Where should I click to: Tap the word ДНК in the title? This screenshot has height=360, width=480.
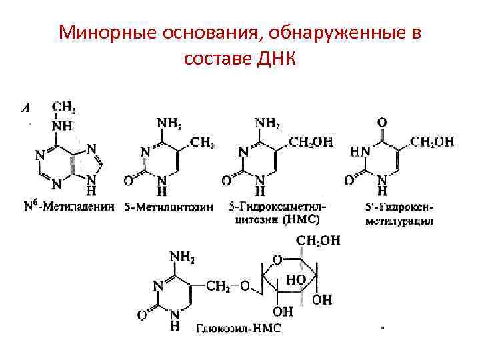(273, 59)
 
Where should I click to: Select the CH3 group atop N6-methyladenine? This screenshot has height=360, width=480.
(63, 106)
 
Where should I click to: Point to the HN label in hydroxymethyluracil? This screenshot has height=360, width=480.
(357, 153)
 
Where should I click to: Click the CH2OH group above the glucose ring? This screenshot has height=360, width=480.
(318, 240)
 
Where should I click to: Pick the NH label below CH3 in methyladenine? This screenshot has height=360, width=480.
(61, 125)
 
